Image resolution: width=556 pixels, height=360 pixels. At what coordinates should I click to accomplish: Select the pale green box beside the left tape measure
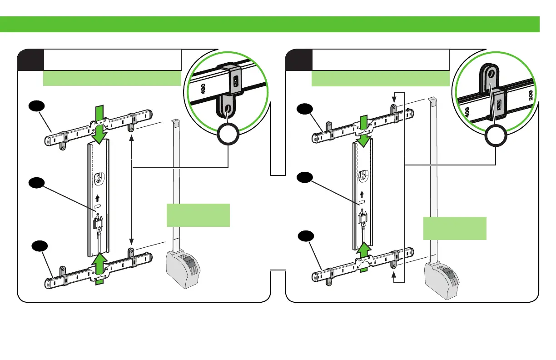coord(198,215)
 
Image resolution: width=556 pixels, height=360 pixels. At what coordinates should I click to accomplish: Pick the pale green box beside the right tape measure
coord(455,228)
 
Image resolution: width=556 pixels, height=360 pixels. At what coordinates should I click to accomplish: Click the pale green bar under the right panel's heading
coord(380,78)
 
